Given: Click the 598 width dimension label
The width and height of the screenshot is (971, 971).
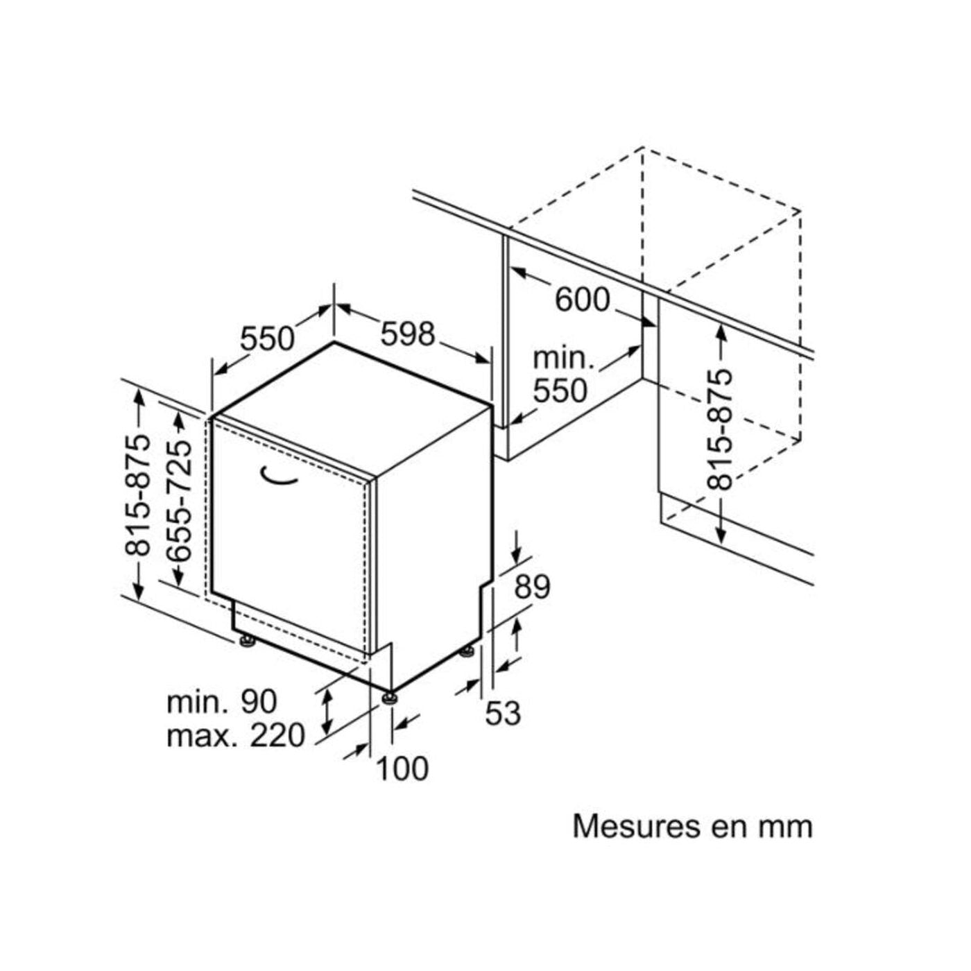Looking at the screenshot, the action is tap(407, 334).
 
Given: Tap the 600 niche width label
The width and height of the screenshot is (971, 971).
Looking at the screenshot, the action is tap(583, 300).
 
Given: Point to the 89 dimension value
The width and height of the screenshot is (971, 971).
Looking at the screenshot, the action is tap(532, 587).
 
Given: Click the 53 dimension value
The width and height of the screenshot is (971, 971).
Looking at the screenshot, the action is tap(503, 714).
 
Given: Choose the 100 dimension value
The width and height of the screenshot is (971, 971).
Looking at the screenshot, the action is tap(402, 768).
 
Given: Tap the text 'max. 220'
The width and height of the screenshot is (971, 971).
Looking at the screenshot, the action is tap(236, 735).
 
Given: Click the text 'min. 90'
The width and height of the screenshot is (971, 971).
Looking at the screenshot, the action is tap(222, 701).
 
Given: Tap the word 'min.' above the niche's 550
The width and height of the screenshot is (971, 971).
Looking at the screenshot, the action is tap(564, 358).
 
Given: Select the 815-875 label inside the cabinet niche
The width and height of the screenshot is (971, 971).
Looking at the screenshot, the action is tap(719, 430).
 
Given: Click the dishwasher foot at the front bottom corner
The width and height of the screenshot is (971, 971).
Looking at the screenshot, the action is tap(389, 698).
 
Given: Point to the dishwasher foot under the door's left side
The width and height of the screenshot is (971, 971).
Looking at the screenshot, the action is tap(247, 641).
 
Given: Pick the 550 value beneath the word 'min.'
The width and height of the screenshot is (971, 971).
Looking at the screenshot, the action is tap(560, 391).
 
